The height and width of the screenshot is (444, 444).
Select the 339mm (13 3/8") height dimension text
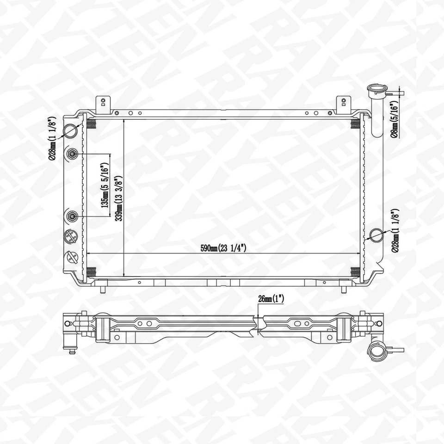coord(118,198)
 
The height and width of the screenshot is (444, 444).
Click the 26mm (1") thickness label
coord(271,299)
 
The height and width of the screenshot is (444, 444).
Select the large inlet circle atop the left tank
coord(71,130)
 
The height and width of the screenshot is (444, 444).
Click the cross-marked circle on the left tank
coord(71,237)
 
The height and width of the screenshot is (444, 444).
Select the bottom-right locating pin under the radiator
coord(343,289)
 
